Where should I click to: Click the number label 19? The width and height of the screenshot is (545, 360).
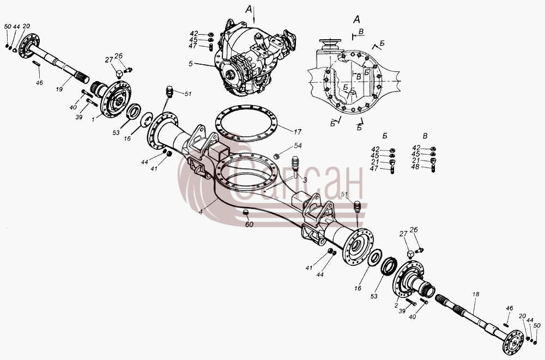(59, 89)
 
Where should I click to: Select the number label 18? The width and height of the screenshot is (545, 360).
(475, 294)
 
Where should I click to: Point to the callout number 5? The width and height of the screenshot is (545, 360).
(190, 64)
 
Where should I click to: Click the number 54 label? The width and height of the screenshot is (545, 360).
(298, 145)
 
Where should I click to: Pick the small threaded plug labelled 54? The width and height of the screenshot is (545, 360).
(277, 156)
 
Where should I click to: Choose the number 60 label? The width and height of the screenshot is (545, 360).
(249, 224)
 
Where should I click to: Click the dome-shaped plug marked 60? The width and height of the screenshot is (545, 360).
(245, 212)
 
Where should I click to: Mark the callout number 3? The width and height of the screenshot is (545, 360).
(305, 180)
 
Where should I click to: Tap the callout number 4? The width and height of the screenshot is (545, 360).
(201, 211)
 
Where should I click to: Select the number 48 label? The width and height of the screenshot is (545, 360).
(415, 167)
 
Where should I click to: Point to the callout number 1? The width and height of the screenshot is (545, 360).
(93, 119)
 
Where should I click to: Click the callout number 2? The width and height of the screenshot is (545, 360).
(396, 306)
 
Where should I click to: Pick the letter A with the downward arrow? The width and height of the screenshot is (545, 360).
(249, 10)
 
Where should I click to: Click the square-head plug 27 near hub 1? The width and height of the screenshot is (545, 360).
(119, 74)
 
